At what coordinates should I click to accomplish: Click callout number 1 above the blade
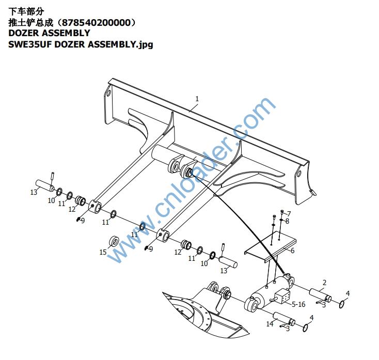click(x=197, y=99)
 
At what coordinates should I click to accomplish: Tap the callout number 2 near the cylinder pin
click(x=324, y=283)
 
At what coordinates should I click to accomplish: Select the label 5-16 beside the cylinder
click(x=298, y=304)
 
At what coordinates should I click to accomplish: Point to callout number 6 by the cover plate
click(x=292, y=251)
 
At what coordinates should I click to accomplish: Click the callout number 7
click(x=289, y=213)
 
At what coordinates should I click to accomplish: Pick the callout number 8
click(x=287, y=221)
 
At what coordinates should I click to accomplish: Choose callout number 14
click(x=270, y=324)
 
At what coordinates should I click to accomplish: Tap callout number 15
click(x=103, y=252)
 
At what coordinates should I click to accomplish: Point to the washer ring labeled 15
click(x=114, y=241)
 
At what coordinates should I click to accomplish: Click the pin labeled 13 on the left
click(x=45, y=184)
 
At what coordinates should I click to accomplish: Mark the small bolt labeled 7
click(x=282, y=212)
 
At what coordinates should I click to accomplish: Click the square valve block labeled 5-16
click(x=283, y=298)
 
